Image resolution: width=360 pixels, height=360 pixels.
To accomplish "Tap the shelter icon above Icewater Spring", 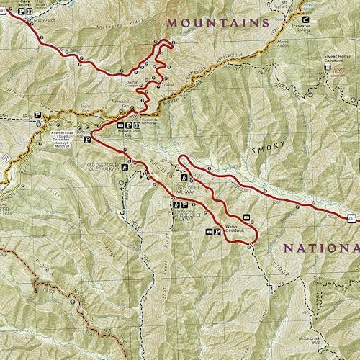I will pos(307,19).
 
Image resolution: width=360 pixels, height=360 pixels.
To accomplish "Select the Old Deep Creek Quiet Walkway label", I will pos(102,166).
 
